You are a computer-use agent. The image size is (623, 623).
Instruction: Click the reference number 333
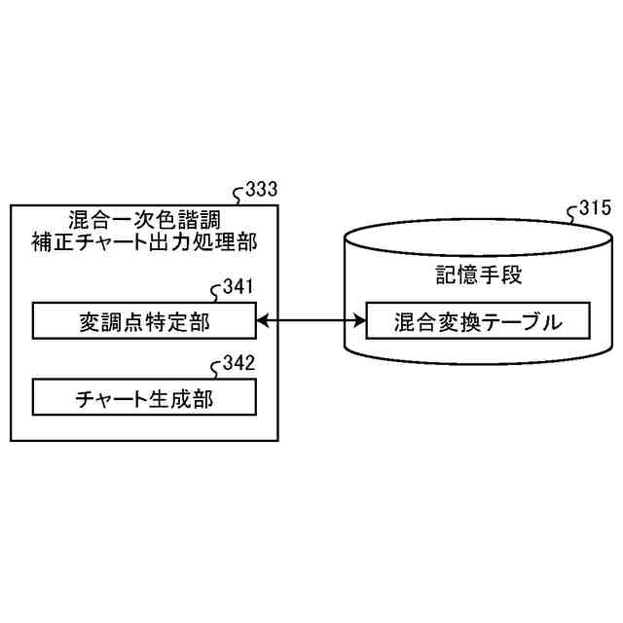262,190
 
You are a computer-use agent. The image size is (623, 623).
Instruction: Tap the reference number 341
238,287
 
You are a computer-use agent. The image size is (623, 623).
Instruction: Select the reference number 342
238,364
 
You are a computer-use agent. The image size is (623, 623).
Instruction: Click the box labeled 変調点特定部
144,319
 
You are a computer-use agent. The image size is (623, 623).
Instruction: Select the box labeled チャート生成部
144,397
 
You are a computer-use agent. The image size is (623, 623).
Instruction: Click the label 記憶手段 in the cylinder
475,275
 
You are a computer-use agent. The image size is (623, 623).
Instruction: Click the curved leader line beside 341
216,293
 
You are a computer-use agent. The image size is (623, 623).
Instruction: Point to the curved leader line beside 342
216,370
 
